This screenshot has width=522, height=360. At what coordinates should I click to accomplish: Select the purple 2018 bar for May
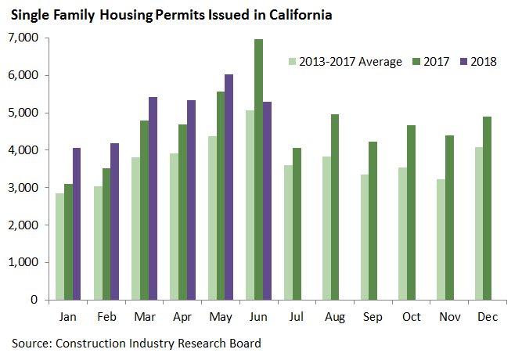229,187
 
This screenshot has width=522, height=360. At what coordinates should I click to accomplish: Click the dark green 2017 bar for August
334,207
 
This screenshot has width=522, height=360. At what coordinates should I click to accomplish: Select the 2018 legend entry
482,61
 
